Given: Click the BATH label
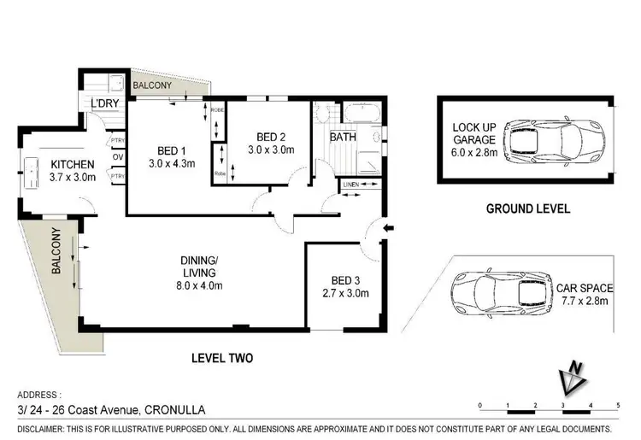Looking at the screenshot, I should click(x=343, y=137).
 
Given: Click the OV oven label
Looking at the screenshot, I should click(x=118, y=158).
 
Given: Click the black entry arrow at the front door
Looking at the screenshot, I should click(x=389, y=228).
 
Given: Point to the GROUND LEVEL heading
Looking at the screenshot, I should click(x=528, y=208).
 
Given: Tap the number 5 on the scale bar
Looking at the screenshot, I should click(x=617, y=404).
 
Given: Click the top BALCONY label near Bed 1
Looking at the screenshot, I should click(x=151, y=86).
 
